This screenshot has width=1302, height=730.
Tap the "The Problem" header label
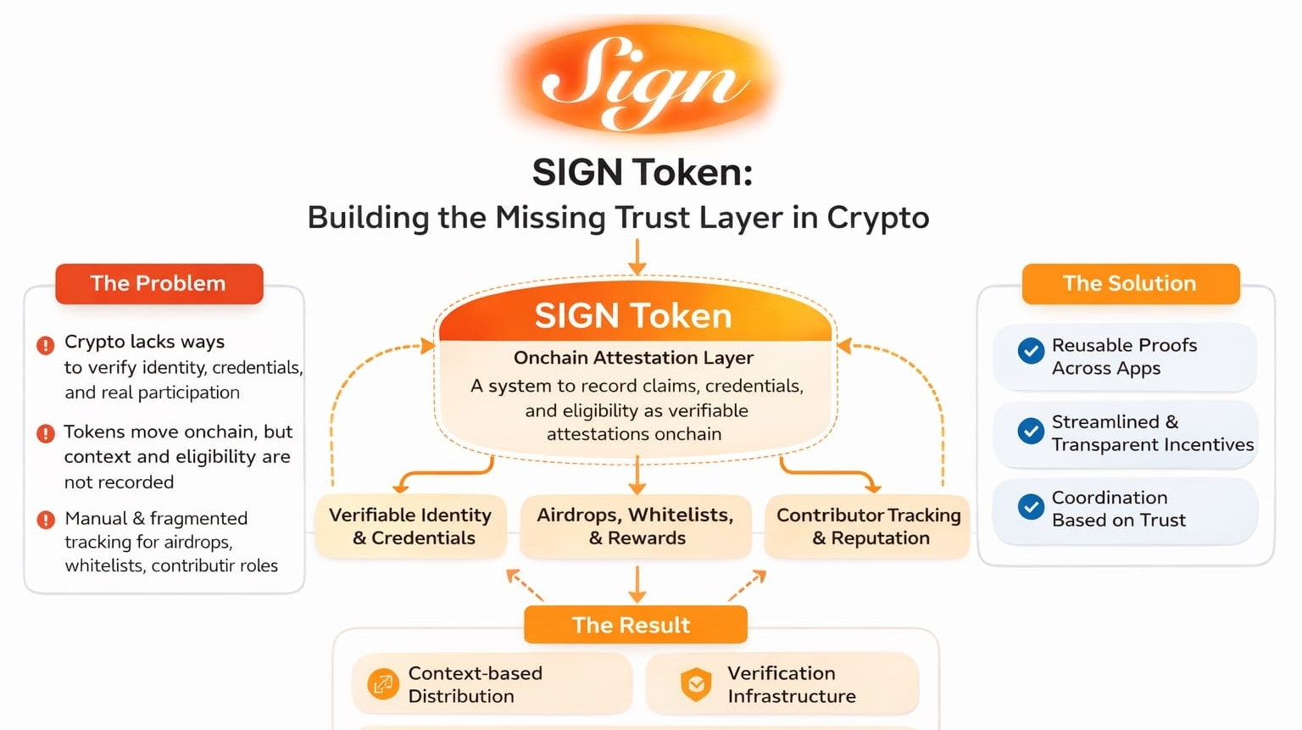[159, 283]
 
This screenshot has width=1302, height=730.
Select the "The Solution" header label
[1130, 283]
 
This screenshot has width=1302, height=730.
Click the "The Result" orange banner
[635, 625]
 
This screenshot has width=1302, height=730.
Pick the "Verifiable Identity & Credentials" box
[411, 527]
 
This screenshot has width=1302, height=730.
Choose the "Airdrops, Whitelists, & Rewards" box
[636, 527]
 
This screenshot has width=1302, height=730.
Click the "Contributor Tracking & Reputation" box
[869, 527]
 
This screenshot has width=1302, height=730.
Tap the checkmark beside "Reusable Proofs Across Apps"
[1031, 351]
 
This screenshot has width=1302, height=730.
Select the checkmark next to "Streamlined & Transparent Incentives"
[1031, 432]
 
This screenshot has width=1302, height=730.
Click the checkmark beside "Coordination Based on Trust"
[1031, 507]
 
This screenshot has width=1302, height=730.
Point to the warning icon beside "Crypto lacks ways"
[46, 345]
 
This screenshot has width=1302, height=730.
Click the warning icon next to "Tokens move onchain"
[46, 434]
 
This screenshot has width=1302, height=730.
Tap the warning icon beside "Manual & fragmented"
[46, 520]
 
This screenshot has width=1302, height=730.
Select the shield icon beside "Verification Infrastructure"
[696, 684]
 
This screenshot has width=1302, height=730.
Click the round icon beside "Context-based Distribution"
[383, 683]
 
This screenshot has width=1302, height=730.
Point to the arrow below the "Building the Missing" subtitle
[637, 257]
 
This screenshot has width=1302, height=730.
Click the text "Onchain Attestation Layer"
[633, 358]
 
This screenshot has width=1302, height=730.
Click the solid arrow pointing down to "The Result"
[637, 585]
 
